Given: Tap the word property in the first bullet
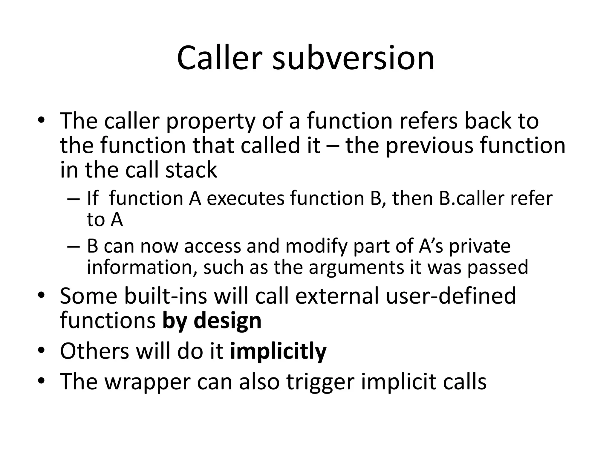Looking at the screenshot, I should [211, 121].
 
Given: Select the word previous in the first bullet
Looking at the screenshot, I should [429, 146].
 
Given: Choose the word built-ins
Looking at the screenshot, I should [166, 296].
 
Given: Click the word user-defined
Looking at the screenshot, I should [451, 296].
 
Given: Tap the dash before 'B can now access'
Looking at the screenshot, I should [74, 247].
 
